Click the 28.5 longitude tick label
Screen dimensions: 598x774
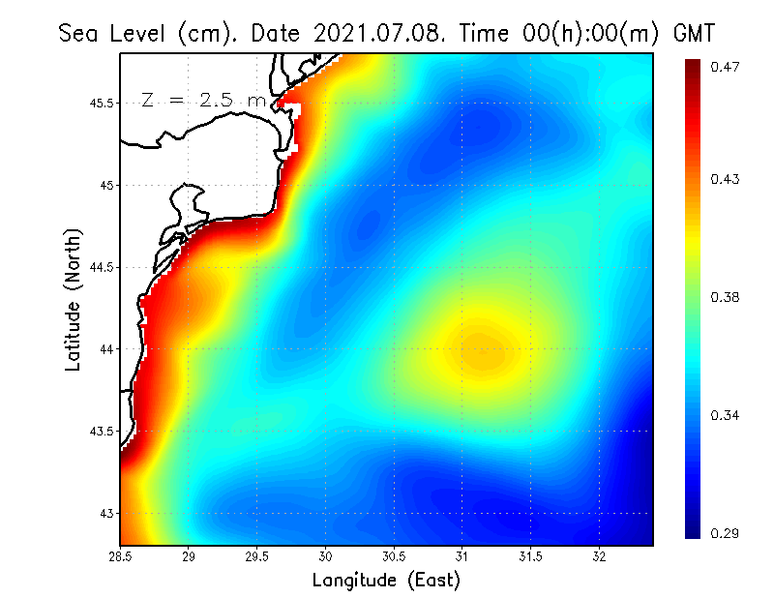[121, 556]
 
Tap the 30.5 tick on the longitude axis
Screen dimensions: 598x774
[394, 556]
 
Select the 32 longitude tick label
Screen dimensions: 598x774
[599, 556]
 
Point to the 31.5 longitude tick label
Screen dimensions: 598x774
[530, 556]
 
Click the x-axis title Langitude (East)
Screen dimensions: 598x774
[386, 580]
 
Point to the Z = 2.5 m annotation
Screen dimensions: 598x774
[202, 100]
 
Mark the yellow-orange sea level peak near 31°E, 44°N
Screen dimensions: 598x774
[481, 351]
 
